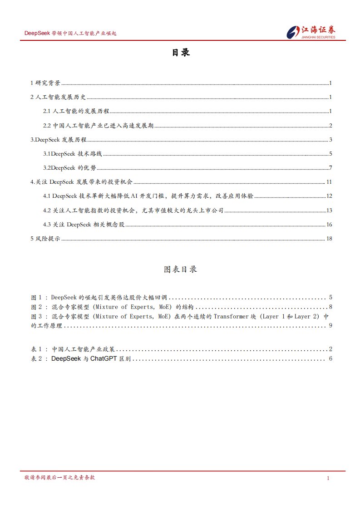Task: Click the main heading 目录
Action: (180, 53)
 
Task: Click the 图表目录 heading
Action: (180, 269)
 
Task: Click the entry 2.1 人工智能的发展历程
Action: (76, 111)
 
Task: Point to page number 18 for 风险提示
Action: (330, 239)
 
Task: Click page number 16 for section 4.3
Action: (330, 225)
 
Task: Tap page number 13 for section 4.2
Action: (330, 210)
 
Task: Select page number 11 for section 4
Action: (330, 182)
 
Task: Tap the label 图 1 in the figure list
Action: (36, 298)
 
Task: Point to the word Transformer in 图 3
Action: (231, 316)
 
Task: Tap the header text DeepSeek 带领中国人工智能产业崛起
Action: (70, 34)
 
